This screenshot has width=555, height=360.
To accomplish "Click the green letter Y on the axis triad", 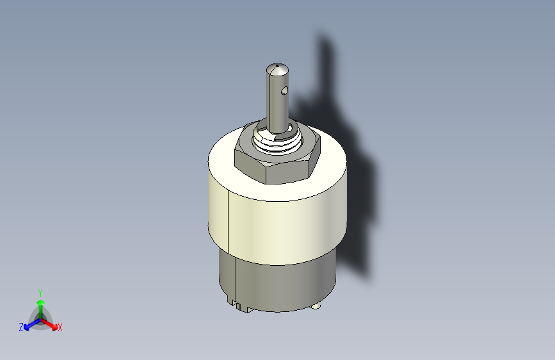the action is point(40,293).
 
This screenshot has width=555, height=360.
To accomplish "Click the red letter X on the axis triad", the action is point(60,327).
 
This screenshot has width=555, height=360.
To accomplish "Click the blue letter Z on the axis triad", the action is point(21,327).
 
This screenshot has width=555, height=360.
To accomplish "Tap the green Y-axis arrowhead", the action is point(41,302).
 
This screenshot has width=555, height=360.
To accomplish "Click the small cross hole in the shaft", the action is point(284,92).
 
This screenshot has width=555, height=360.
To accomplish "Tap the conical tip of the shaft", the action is point(277,69).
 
